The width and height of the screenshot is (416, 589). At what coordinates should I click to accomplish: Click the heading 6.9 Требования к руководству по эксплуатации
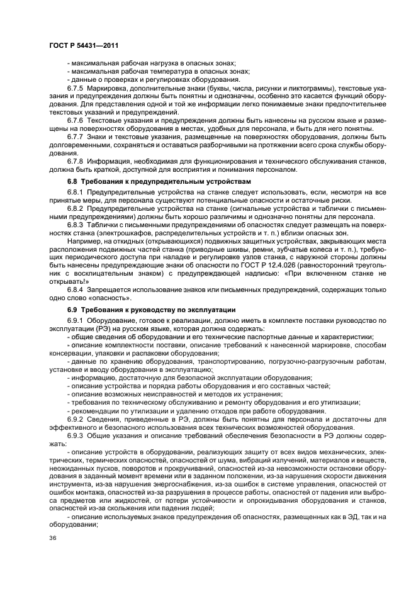[151, 310]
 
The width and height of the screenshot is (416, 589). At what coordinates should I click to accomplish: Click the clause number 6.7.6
[75, 120]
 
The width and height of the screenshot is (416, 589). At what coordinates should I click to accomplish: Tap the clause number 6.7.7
[75, 136]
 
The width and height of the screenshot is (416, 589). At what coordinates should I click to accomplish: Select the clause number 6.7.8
[75, 160]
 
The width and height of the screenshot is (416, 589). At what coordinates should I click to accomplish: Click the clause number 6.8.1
[75, 191]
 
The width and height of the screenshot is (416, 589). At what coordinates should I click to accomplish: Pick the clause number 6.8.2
[75, 208]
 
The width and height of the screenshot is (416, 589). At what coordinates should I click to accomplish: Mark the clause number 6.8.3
[75, 224]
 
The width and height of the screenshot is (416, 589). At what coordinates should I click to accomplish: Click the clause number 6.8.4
[75, 289]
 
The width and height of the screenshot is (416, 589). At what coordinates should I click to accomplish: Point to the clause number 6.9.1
[75, 320]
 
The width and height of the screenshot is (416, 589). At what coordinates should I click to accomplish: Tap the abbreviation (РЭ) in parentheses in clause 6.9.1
[86, 328]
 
